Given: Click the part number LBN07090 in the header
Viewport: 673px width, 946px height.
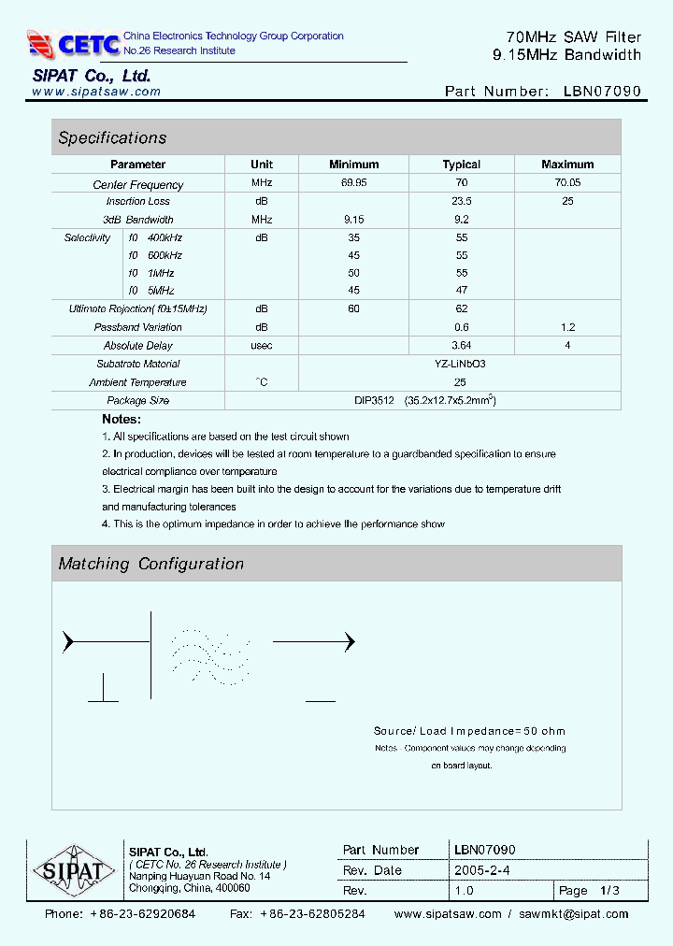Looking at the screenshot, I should (x=602, y=92).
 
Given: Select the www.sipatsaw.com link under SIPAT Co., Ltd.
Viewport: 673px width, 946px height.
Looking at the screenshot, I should (x=96, y=92).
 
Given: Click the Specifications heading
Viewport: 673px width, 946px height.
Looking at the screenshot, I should (x=112, y=138).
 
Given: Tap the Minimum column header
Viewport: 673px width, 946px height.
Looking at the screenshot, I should (x=353, y=165).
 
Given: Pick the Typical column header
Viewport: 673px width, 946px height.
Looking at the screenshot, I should (x=461, y=165).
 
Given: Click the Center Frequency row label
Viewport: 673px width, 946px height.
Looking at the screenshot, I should (x=138, y=185).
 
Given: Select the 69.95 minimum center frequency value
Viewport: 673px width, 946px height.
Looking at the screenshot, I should (x=353, y=183).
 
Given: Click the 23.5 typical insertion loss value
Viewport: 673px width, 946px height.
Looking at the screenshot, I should (x=461, y=201).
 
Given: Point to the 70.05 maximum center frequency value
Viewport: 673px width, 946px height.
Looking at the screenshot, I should (x=567, y=183).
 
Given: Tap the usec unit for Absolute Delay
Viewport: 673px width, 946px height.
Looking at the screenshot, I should (x=262, y=346).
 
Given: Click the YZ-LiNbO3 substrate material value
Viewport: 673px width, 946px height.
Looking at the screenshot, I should (x=461, y=364).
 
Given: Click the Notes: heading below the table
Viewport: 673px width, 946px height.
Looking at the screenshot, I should (x=122, y=420).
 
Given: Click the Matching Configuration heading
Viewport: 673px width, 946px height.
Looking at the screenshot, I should (x=150, y=564).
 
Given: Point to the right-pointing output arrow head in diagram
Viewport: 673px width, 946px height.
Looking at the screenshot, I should (x=350, y=642).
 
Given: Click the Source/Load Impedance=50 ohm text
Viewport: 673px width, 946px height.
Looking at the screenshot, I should (x=469, y=731).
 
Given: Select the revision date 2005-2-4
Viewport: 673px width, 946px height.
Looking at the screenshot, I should (x=480, y=870).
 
